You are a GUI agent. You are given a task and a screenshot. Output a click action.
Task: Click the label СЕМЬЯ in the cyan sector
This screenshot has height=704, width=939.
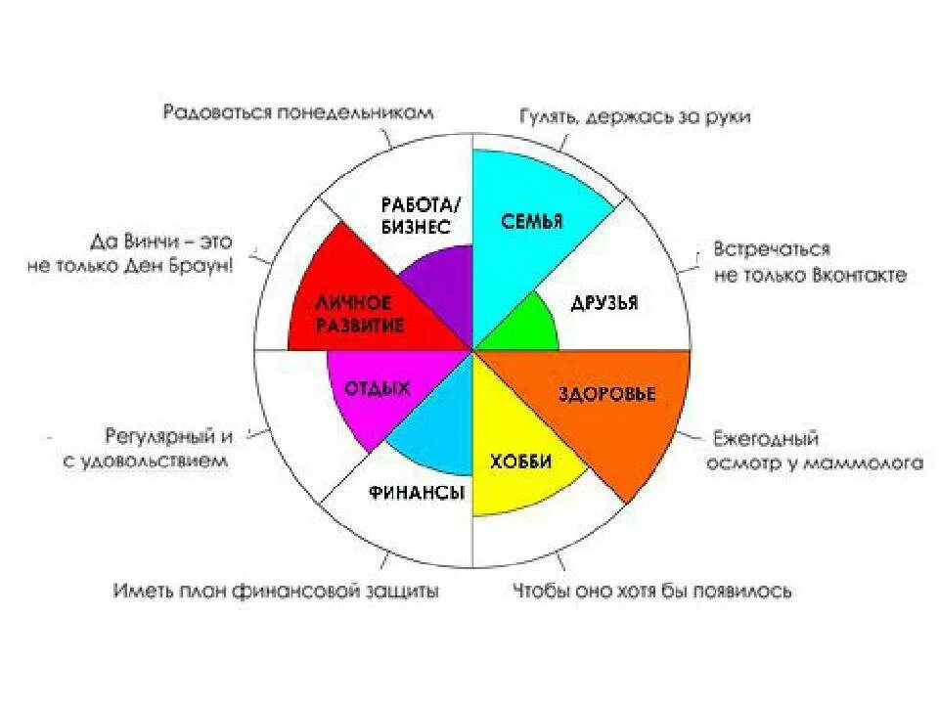coord(532,221)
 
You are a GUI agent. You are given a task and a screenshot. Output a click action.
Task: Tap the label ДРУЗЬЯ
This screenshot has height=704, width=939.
coord(604,302)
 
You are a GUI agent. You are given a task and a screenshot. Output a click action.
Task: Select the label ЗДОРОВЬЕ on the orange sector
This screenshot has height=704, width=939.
coord(606,395)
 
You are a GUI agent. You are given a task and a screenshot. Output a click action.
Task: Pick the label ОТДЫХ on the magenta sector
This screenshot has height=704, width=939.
coord(377,389)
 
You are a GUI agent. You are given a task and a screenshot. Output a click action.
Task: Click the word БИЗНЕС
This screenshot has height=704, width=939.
coord(415,227)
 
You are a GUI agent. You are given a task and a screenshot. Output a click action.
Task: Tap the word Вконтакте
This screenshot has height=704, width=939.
coord(859,275)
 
